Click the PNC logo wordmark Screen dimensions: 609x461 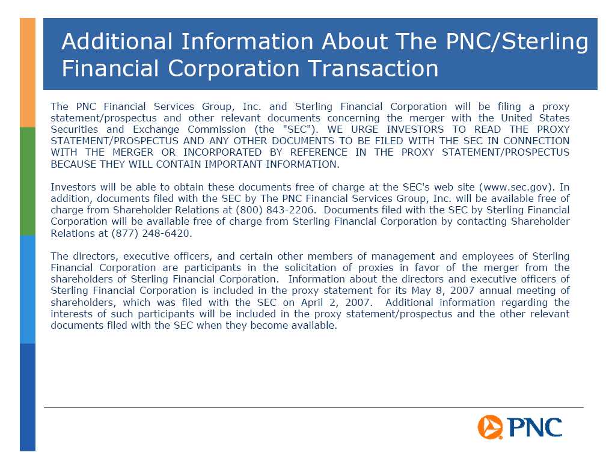[535, 427]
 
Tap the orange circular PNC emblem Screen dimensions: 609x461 [490, 427]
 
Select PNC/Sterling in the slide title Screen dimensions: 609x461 [517, 41]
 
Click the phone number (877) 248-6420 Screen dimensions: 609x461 [150, 233]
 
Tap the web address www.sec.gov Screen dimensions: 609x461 [515, 187]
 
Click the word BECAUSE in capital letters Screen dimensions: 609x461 [73, 164]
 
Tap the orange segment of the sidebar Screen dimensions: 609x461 [28, 73]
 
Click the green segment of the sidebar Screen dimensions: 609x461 [28, 182]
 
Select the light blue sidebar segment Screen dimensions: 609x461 [28, 290]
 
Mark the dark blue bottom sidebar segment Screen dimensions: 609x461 [28, 397]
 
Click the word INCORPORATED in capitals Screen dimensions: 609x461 [222, 152]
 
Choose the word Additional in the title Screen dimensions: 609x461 [117, 41]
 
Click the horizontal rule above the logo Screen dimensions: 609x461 [313, 408]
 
